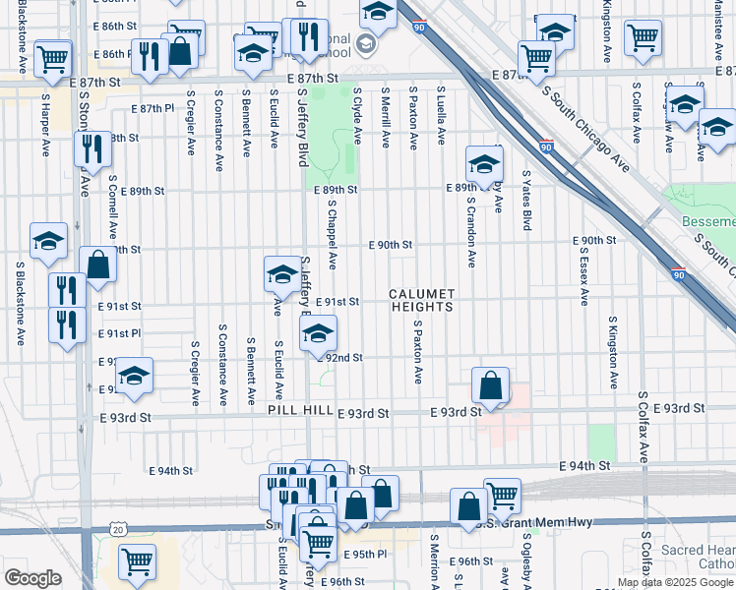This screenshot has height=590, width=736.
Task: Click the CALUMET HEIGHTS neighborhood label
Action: click(x=421, y=300)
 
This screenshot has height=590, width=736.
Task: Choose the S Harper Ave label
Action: click(x=46, y=125)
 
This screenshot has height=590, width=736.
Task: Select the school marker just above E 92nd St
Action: click(x=317, y=334)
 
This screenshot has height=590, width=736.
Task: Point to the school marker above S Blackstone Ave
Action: click(x=48, y=241)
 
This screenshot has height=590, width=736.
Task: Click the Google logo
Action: click(x=32, y=577)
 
